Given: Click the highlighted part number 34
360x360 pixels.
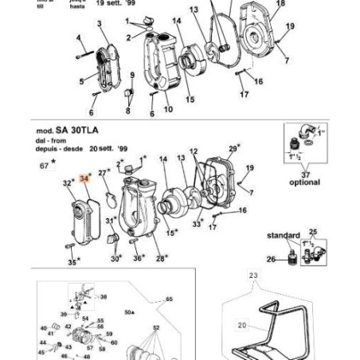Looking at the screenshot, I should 84,180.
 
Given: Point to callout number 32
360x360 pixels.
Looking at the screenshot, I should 68,183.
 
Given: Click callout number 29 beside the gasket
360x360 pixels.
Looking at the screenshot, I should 233,149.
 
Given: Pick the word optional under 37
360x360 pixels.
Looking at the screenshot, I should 304,182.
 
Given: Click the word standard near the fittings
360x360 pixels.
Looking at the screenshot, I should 283,236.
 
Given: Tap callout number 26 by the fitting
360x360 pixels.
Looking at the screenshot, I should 270,259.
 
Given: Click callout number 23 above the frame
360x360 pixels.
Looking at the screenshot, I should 254,277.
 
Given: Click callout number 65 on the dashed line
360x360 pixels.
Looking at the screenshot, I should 168,300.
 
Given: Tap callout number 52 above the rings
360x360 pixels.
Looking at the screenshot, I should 156,327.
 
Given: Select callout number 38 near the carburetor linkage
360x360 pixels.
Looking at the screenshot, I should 103,295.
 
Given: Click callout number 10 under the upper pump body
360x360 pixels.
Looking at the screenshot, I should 168,109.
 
